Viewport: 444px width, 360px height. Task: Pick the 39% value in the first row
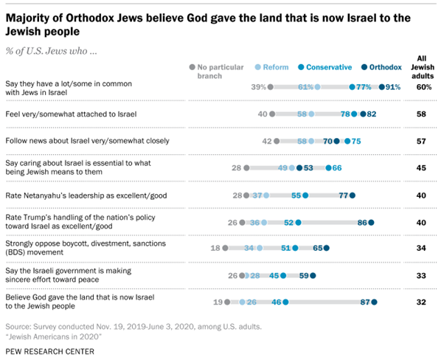click(257, 86)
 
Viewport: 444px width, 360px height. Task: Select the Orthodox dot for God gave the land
click(374, 302)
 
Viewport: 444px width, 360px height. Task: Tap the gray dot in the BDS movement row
click(225, 248)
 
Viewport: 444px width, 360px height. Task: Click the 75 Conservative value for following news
click(356, 141)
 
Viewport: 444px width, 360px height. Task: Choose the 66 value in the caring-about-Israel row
click(337, 167)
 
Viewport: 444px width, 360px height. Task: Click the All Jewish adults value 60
click(423, 86)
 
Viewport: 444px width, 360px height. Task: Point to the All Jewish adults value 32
click(423, 302)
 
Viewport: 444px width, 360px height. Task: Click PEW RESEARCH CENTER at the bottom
click(52, 350)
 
